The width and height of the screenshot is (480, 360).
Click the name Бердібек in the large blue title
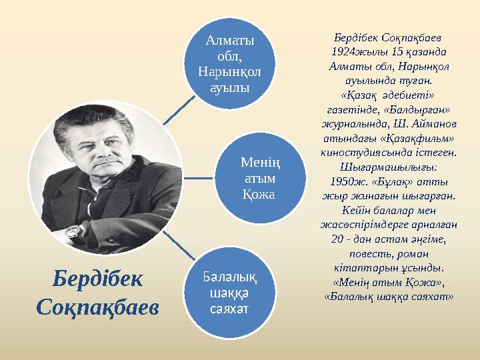[98, 279]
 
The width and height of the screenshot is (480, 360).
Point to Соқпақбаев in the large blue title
[98, 307]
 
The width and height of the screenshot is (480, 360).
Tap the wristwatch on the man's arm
[72, 231]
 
